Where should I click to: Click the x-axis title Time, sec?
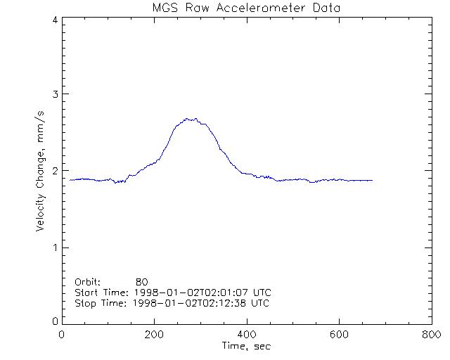coord(246,347)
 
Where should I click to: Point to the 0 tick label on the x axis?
coord(63,335)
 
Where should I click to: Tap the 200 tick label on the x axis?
coord(155,335)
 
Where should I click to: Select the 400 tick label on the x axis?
coord(247,335)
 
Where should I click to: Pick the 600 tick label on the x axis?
coord(339,335)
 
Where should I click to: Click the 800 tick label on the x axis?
coord(431,335)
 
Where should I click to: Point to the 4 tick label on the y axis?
coord(54,20)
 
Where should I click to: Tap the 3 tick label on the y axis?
coord(54,95)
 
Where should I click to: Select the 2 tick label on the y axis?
coord(54,171)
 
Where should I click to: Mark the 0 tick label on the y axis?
coord(54,321)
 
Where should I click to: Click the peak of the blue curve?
coord(188,119)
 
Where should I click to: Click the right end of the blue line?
coord(372,181)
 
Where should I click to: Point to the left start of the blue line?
coord(70,180)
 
